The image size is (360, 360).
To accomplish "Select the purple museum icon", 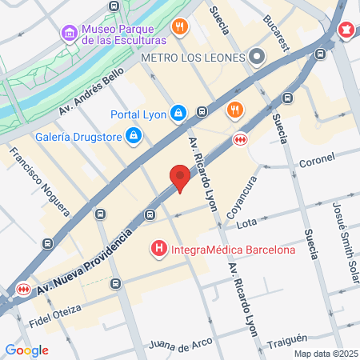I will (x=68, y=33).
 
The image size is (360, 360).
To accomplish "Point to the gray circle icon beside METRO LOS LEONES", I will (x=257, y=57).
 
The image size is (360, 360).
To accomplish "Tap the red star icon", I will (x=346, y=31).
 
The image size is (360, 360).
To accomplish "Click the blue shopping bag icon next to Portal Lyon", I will (x=180, y=114).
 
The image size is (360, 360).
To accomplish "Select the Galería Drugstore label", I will (x=78, y=137).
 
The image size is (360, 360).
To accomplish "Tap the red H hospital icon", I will (x=159, y=250).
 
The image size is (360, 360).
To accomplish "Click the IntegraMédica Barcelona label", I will (x=233, y=250).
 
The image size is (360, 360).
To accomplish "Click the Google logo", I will (x=27, y=350).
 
